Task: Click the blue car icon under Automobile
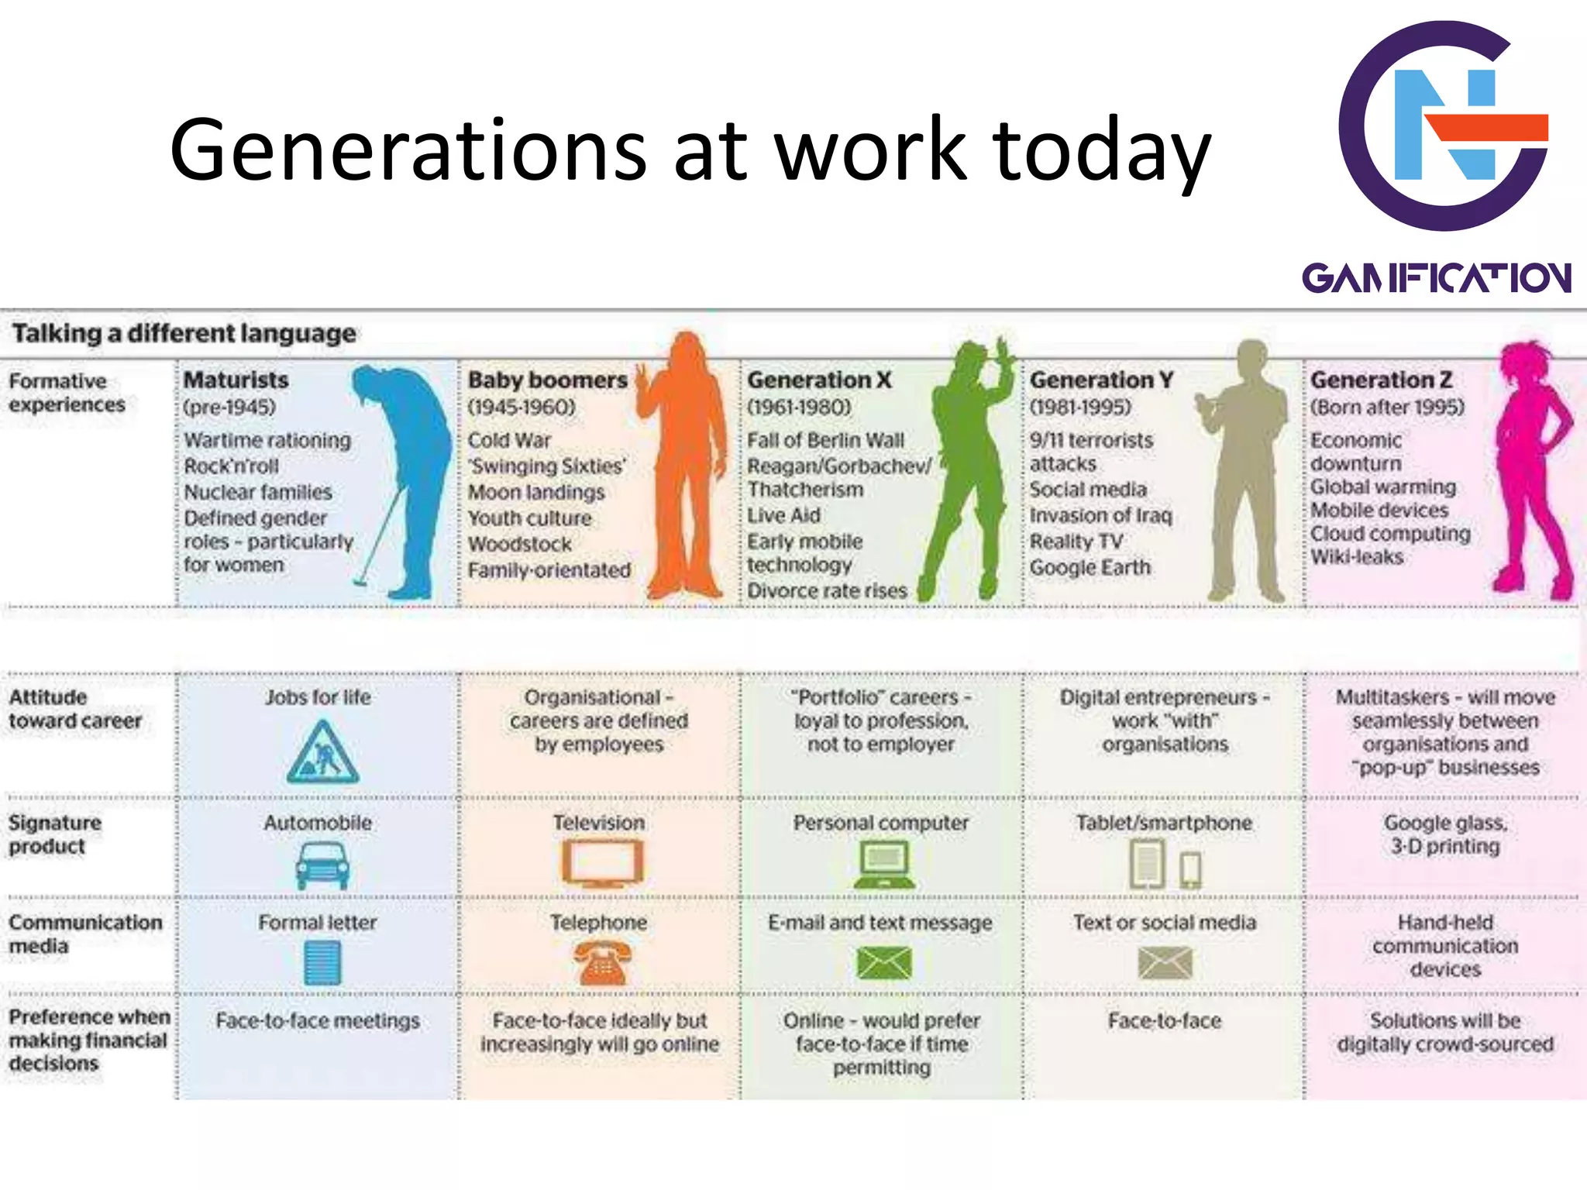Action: click(322, 865)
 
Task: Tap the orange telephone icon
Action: click(601, 962)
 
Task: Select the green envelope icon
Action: click(884, 963)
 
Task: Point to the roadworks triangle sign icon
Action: click(322, 753)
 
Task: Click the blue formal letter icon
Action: click(322, 963)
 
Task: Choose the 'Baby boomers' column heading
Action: click(547, 380)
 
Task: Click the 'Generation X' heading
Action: click(819, 380)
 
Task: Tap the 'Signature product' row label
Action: click(54, 834)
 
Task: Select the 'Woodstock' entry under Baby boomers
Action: click(519, 544)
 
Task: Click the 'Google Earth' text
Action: click(1090, 567)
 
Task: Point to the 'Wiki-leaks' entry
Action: click(1356, 557)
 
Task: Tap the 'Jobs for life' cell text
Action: click(318, 697)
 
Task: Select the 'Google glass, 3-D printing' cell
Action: click(1445, 834)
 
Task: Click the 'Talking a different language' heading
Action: click(184, 333)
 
